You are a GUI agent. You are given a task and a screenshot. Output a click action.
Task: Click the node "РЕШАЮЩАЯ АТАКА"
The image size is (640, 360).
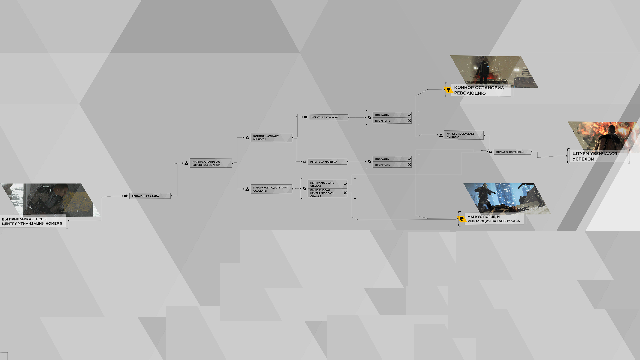(x=150, y=196)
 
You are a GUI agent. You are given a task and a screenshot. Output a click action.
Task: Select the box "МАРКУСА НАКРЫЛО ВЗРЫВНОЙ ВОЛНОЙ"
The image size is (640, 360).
(x=211, y=163)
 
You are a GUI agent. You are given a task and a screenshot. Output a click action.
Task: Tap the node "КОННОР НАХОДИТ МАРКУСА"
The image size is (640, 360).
(x=271, y=138)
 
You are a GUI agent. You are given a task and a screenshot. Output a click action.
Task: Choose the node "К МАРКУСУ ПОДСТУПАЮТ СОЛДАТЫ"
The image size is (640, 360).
(x=271, y=189)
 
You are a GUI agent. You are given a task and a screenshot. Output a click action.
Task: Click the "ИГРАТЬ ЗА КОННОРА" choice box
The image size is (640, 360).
(x=329, y=117)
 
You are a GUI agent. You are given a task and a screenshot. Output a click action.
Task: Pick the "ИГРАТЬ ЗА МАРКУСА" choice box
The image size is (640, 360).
(x=327, y=162)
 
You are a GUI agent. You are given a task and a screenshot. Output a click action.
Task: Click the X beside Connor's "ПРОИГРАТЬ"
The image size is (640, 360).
(x=410, y=121)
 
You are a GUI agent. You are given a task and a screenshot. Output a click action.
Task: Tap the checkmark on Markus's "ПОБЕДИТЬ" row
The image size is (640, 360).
(x=409, y=159)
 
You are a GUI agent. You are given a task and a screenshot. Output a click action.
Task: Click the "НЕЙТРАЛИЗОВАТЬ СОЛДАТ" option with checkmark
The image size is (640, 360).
(x=327, y=184)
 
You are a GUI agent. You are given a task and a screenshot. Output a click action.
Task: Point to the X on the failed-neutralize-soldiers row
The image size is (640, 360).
(x=345, y=193)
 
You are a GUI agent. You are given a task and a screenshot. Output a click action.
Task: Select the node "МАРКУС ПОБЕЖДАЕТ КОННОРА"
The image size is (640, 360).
(x=464, y=135)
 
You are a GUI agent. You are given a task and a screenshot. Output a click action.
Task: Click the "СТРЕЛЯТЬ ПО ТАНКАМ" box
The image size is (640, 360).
(x=512, y=152)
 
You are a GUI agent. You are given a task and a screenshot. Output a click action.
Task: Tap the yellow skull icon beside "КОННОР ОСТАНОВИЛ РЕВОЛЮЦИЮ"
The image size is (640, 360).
(x=448, y=90)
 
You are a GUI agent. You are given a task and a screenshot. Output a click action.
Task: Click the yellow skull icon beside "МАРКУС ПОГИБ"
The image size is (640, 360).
(x=462, y=219)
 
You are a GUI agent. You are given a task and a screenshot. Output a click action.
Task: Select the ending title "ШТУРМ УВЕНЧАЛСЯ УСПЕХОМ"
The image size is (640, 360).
(x=595, y=156)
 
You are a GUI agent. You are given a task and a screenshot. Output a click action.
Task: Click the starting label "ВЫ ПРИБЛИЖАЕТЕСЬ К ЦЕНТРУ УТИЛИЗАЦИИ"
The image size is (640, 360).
(x=32, y=221)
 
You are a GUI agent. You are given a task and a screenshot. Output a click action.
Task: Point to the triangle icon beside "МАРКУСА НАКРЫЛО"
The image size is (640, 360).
(x=186, y=163)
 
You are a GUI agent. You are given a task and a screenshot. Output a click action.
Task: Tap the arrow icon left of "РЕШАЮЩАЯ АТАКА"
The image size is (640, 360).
(x=126, y=196)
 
